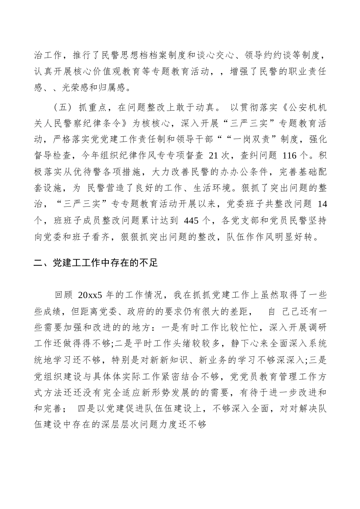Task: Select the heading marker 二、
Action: pos(39,262)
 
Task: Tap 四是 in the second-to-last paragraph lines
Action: pos(87,408)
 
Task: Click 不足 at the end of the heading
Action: pos(148,262)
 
